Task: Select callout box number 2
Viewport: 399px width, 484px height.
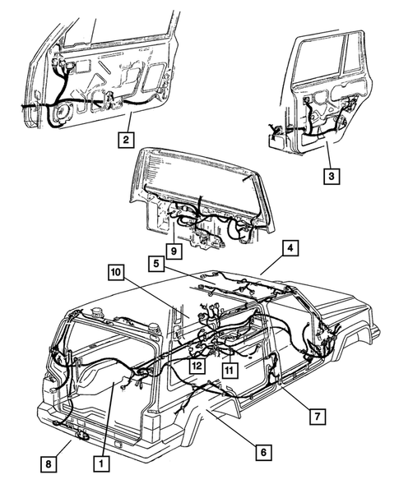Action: click(125, 139)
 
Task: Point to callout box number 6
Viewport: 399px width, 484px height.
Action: click(264, 451)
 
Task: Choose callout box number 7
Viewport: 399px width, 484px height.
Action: click(315, 415)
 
